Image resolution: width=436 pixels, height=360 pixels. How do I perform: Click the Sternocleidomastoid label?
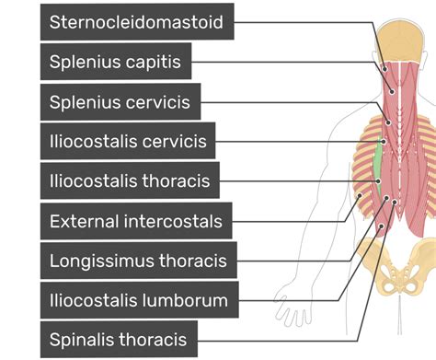coord(137,22)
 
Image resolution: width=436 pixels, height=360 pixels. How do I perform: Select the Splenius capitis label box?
coord(116,63)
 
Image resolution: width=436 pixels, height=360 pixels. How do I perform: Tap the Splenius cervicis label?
coord(120,102)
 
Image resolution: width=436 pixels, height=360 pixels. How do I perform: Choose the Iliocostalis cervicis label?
coord(128,142)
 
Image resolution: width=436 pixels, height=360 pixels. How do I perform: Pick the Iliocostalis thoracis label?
coord(130,181)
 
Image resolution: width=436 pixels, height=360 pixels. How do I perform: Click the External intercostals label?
coord(136,221)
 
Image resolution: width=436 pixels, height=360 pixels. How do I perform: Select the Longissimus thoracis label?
coord(138,261)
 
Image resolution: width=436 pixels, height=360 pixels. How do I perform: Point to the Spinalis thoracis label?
coord(119,339)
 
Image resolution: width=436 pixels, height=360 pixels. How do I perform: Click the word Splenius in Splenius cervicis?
coord(84,102)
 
